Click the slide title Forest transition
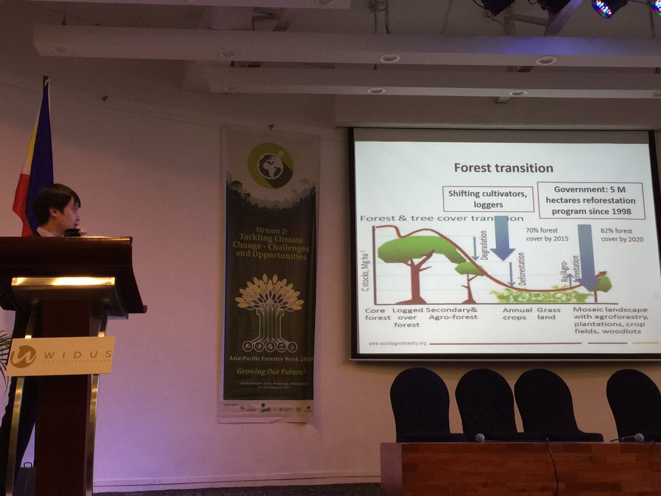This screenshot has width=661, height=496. coord(503,168)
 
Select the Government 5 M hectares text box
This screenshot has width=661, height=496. coord(591,200)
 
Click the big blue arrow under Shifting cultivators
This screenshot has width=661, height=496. coord(502,239)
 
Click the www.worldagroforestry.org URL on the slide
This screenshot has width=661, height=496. coord(397,343)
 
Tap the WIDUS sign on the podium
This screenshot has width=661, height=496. coord(61,356)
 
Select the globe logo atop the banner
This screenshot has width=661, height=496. coord(270,165)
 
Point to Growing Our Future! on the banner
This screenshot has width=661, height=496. coord(269,371)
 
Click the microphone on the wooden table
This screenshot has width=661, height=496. coord(480,437)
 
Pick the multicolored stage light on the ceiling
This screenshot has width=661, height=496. coord(609,6)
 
